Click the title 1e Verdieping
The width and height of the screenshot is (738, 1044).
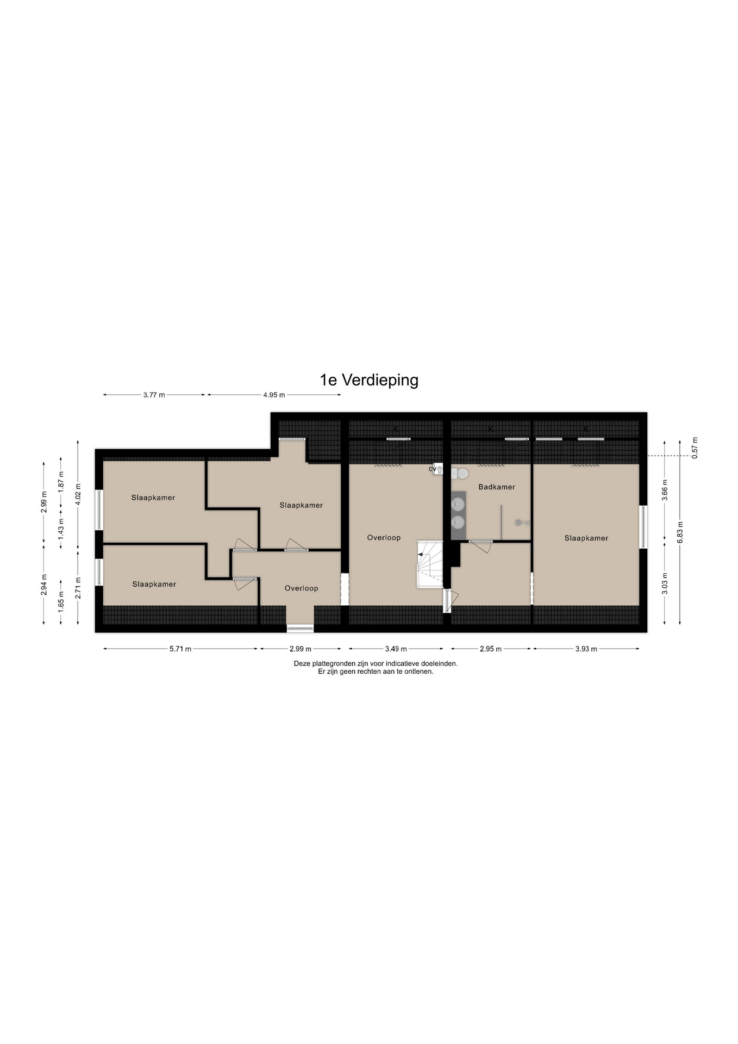pos(369,380)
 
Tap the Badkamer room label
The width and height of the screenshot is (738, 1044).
pos(496,487)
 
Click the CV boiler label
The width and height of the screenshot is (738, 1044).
pos(432,469)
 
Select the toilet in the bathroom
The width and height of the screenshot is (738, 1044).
pos(461,474)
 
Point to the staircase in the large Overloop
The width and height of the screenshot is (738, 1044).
pos(429,564)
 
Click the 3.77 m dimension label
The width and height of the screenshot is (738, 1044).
pos(154,395)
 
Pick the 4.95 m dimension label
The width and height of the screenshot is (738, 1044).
pos(274,395)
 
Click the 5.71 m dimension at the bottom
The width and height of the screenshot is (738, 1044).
pos(180,649)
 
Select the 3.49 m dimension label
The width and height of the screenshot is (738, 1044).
pos(396,649)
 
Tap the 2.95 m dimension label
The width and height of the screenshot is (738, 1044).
pos(490,649)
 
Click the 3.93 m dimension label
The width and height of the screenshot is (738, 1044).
pos(586,649)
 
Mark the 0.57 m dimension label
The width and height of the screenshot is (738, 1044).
pos(695,448)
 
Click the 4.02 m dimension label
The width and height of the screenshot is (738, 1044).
pos(78,494)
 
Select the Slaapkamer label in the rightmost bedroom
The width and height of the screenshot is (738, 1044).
pos(586,538)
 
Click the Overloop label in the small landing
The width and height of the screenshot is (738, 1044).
pos(301,588)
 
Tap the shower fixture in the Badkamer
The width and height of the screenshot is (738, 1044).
pos(522,523)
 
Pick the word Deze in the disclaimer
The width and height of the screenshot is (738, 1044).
pos(302,663)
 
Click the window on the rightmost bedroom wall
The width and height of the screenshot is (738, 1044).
pos(643,526)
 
